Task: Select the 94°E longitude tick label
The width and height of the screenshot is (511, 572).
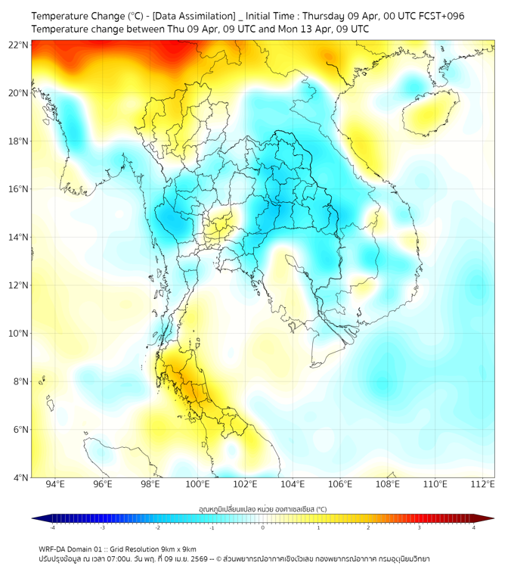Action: click(x=55, y=485)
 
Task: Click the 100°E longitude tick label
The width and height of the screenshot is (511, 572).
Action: click(x=197, y=485)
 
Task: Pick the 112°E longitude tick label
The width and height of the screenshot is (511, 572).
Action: click(x=482, y=485)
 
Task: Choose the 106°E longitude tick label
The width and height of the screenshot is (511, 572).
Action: click(x=340, y=485)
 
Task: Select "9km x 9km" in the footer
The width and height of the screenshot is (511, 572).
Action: click(x=175, y=549)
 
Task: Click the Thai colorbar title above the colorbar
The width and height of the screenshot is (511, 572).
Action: click(x=262, y=508)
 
